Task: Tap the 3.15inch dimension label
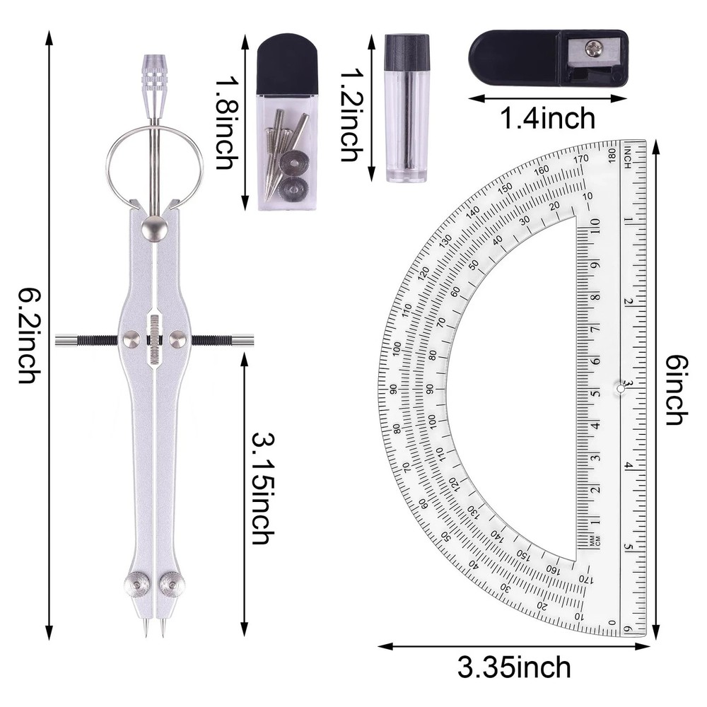[x=260, y=488]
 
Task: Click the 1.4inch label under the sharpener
[x=548, y=118]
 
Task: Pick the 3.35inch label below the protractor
[x=514, y=667]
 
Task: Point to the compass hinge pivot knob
[x=154, y=228]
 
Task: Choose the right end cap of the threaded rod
[x=245, y=340]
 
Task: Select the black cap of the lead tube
[x=407, y=51]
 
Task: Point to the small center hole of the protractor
[x=620, y=388]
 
